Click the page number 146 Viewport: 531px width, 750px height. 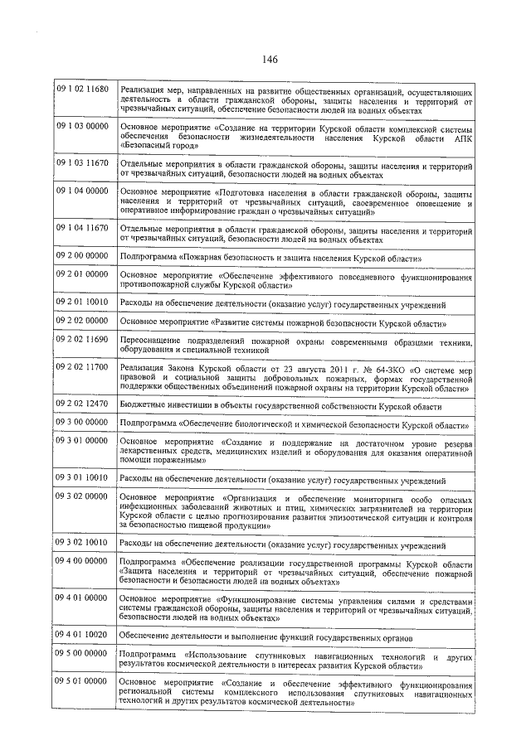click(268, 59)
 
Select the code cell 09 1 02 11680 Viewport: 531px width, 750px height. click(82, 89)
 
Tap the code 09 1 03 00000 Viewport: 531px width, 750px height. click(82, 126)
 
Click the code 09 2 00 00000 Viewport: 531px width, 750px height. click(82, 257)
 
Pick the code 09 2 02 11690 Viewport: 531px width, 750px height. click(82, 340)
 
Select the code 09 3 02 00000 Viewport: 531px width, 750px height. click(82, 496)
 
